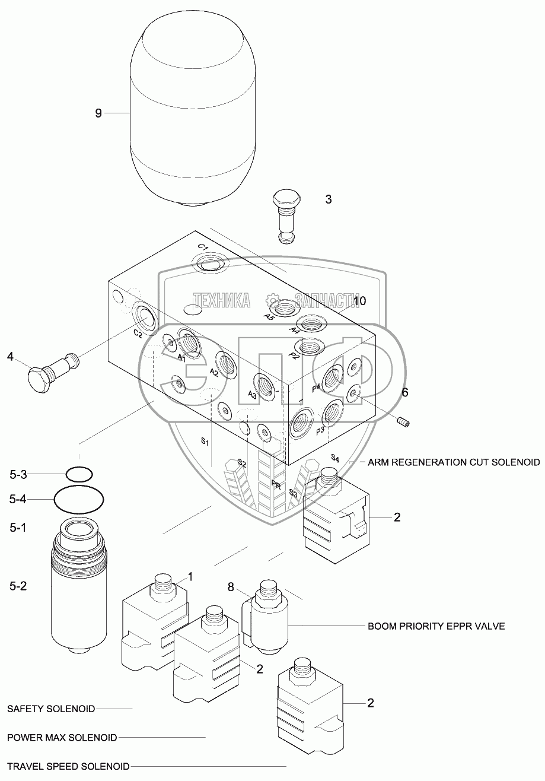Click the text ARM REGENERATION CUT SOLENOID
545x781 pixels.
coord(453,462)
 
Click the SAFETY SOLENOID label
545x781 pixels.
coord(51,709)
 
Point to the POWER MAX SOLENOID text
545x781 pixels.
coord(62,738)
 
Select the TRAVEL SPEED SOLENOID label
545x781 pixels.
coord(68,766)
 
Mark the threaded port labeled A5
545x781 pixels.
coord(284,309)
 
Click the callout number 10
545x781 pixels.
coord(359,301)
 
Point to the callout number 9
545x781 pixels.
coord(98,113)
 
